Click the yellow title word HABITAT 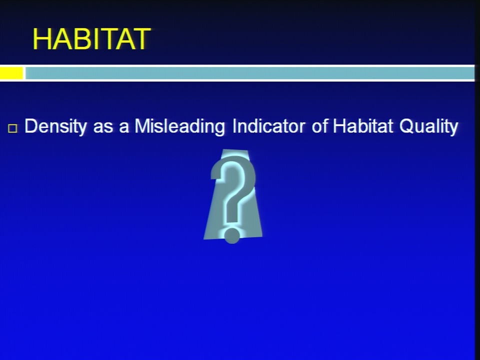tap(91, 39)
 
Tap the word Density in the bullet tap(55, 126)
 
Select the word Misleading tap(179, 126)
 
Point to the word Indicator tap(268, 126)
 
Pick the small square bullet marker tap(12, 128)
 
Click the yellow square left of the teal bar tap(11, 73)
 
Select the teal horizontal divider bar tap(249, 73)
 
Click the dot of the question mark tap(231, 235)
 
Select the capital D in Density tap(31, 126)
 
